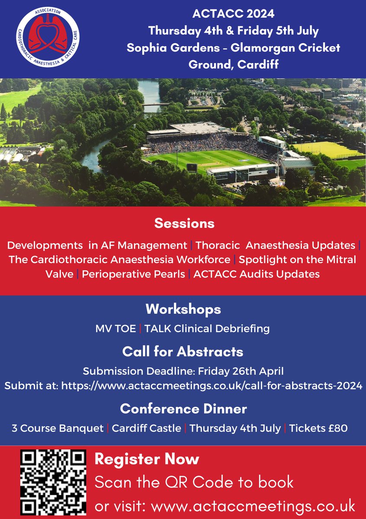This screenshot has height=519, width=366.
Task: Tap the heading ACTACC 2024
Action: (x=234, y=14)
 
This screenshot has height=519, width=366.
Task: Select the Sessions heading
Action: (x=184, y=223)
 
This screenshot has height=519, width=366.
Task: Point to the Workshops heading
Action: (x=183, y=309)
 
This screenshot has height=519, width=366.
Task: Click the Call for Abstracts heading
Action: (x=183, y=351)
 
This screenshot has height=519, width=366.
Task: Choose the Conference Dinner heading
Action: (x=183, y=408)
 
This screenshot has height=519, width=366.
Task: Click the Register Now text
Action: (x=147, y=459)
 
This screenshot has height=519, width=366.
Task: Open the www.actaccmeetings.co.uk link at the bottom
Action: (x=253, y=505)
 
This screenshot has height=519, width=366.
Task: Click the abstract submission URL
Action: (x=212, y=386)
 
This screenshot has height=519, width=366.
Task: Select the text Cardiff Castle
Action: (x=146, y=429)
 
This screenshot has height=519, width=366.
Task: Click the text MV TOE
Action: (x=116, y=329)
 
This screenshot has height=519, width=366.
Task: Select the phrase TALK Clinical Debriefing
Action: (x=207, y=329)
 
